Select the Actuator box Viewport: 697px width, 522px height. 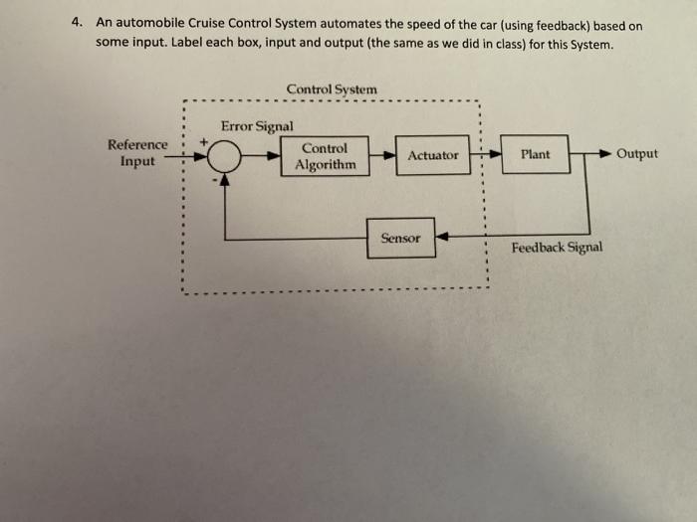pos(433,156)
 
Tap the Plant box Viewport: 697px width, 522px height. pos(535,155)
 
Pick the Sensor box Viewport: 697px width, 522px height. pos(400,239)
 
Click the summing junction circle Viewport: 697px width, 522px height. pos(225,156)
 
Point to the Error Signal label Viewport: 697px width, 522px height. pos(257,126)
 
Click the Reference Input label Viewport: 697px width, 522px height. pos(137,152)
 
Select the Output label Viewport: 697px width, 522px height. pos(637,154)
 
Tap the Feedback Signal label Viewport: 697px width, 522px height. pos(557,247)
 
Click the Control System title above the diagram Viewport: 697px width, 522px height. pos(332,89)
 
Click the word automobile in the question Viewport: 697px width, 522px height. pos(149,23)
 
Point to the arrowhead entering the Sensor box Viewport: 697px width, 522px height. pos(442,238)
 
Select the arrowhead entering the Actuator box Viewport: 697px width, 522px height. pos(389,156)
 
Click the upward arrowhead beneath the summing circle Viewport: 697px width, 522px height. pos(225,179)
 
